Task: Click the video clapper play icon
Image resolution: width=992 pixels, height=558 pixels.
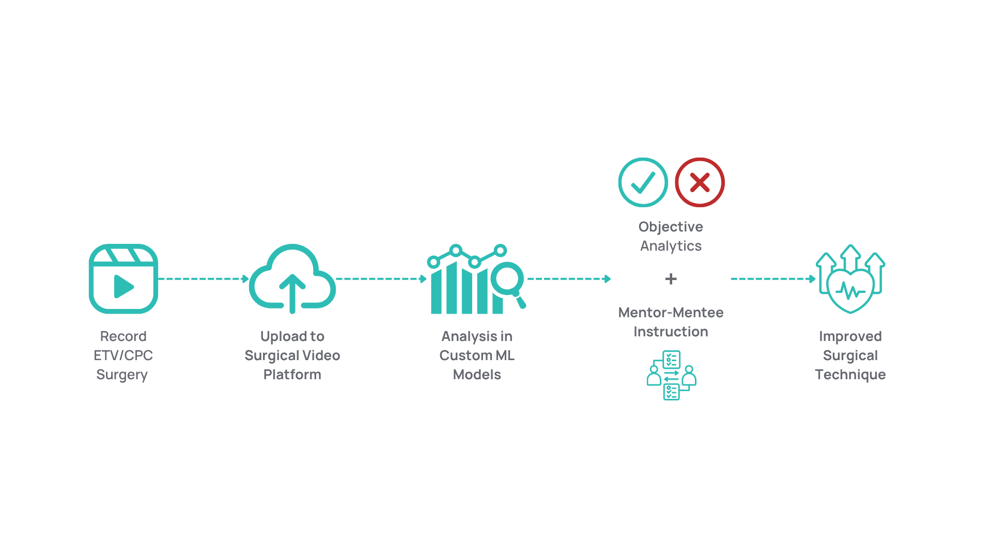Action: click(123, 278)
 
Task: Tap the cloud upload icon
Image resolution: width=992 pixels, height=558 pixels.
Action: click(292, 278)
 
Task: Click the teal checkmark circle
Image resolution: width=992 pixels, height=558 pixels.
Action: click(643, 182)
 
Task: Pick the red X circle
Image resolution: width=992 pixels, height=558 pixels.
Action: click(700, 182)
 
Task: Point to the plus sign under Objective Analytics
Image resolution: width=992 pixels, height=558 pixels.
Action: click(671, 279)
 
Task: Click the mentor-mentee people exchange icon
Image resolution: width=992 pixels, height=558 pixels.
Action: click(671, 375)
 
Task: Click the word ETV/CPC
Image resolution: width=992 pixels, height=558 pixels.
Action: click(123, 355)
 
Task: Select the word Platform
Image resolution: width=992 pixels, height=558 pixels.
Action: click(292, 375)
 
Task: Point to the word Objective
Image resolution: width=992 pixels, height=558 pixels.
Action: click(671, 227)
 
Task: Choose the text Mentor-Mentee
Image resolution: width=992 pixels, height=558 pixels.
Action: click(671, 313)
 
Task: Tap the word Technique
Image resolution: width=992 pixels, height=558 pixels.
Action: click(850, 375)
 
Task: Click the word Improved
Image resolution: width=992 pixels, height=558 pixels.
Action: click(850, 336)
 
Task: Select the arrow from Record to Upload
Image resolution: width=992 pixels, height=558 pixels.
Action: click(204, 279)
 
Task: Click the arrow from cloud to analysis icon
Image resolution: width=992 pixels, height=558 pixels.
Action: click(381, 279)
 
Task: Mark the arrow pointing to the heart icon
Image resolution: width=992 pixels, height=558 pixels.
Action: click(773, 279)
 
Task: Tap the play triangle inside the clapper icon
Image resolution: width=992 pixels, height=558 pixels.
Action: click(124, 286)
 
